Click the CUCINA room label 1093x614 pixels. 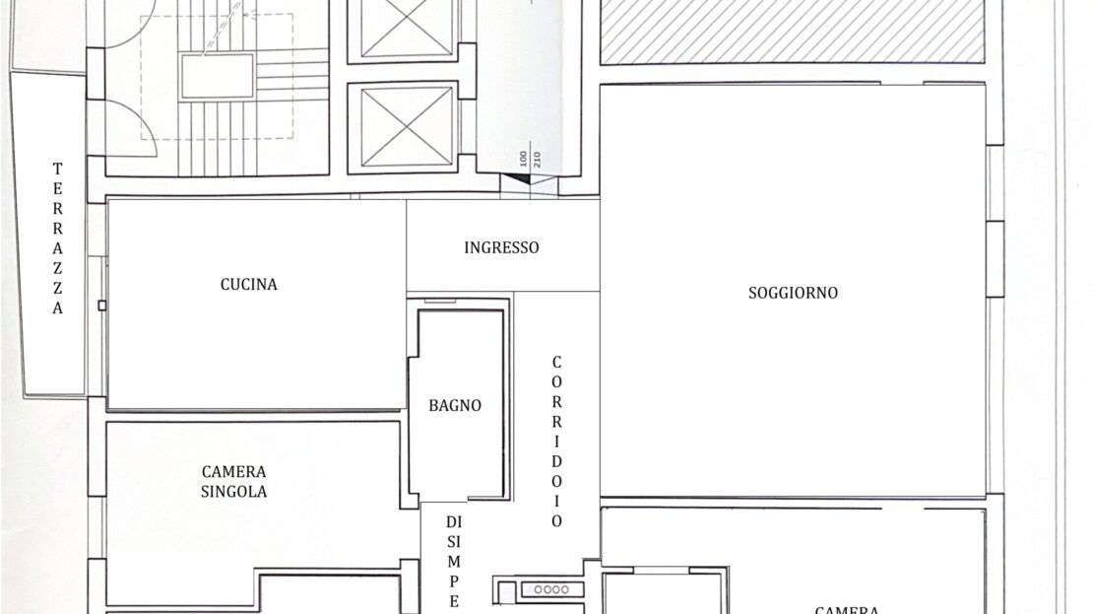tap(249, 285)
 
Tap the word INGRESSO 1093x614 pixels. tap(501, 247)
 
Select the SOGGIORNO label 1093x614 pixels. tap(794, 293)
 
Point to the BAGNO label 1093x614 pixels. tap(455, 405)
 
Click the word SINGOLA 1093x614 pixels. tap(233, 492)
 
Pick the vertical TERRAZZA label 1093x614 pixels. tap(58, 238)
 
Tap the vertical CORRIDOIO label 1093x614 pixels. tap(556, 442)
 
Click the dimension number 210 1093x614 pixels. tap(537, 160)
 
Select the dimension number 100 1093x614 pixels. tap(524, 159)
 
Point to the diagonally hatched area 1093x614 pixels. tap(792, 32)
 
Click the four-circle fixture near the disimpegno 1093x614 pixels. tap(551, 589)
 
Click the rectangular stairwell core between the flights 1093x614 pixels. tap(218, 76)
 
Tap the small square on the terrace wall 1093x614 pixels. tap(102, 306)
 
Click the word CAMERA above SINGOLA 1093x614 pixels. tap(233, 472)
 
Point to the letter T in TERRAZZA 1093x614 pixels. tap(58, 169)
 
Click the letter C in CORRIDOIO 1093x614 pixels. tap(556, 362)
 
